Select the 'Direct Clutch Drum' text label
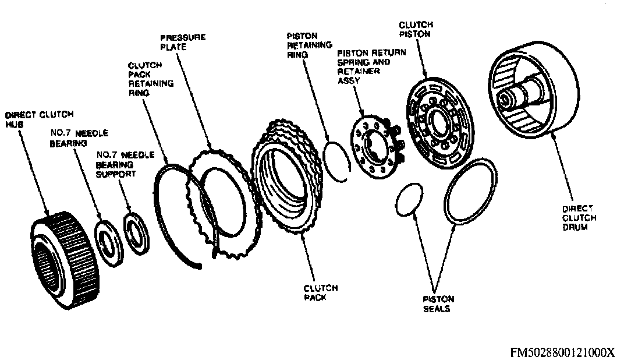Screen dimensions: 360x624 pyautogui.click(x=577, y=218)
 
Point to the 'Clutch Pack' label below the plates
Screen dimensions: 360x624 pyautogui.click(x=320, y=292)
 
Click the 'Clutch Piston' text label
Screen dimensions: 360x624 pyautogui.click(x=415, y=29)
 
